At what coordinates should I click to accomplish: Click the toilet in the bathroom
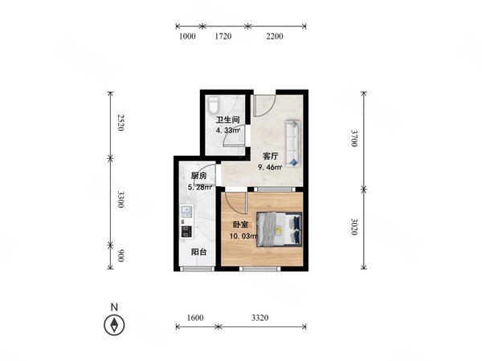click(213, 105)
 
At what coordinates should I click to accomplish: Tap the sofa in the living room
click(293, 144)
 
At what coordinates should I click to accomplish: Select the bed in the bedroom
click(279, 229)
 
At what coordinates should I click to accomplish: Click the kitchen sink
click(186, 211)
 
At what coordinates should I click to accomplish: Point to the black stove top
click(186, 232)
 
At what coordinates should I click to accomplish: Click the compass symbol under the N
click(114, 325)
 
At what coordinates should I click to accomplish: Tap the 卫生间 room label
click(227, 120)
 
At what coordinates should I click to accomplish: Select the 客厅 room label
click(270, 156)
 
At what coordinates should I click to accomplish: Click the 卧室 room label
click(240, 225)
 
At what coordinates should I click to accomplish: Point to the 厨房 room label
click(198, 176)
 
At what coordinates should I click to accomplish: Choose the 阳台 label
click(198, 252)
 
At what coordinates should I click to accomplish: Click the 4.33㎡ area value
click(228, 131)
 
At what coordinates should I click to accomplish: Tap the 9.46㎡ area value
click(270, 168)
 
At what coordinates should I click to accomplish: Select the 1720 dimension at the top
click(223, 36)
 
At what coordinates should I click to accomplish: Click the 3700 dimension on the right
click(354, 138)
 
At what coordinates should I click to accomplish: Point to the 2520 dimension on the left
click(120, 123)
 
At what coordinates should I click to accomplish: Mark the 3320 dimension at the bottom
click(260, 318)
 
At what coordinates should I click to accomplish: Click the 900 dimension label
click(120, 256)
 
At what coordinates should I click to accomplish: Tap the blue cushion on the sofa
click(293, 162)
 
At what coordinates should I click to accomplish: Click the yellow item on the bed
click(279, 230)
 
